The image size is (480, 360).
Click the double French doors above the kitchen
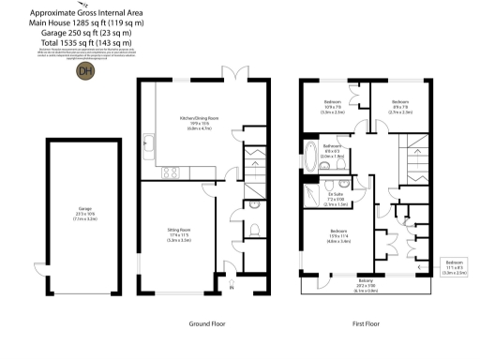click(x=231, y=73)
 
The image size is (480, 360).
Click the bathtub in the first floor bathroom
click(x=310, y=157)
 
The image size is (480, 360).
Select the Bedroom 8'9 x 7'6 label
click(x=400, y=105)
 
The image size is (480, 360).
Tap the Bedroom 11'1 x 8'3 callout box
click(x=455, y=267)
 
